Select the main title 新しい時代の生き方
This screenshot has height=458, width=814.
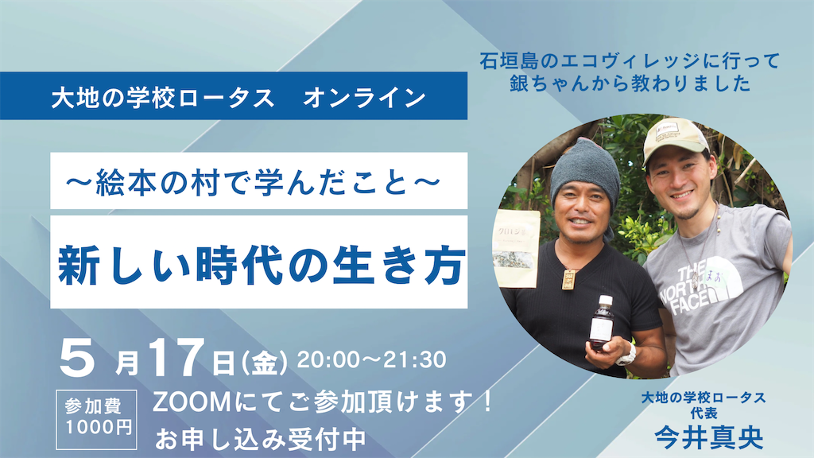(258, 266)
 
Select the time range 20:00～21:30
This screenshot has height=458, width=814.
(371, 359)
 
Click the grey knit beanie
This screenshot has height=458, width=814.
(585, 168)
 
